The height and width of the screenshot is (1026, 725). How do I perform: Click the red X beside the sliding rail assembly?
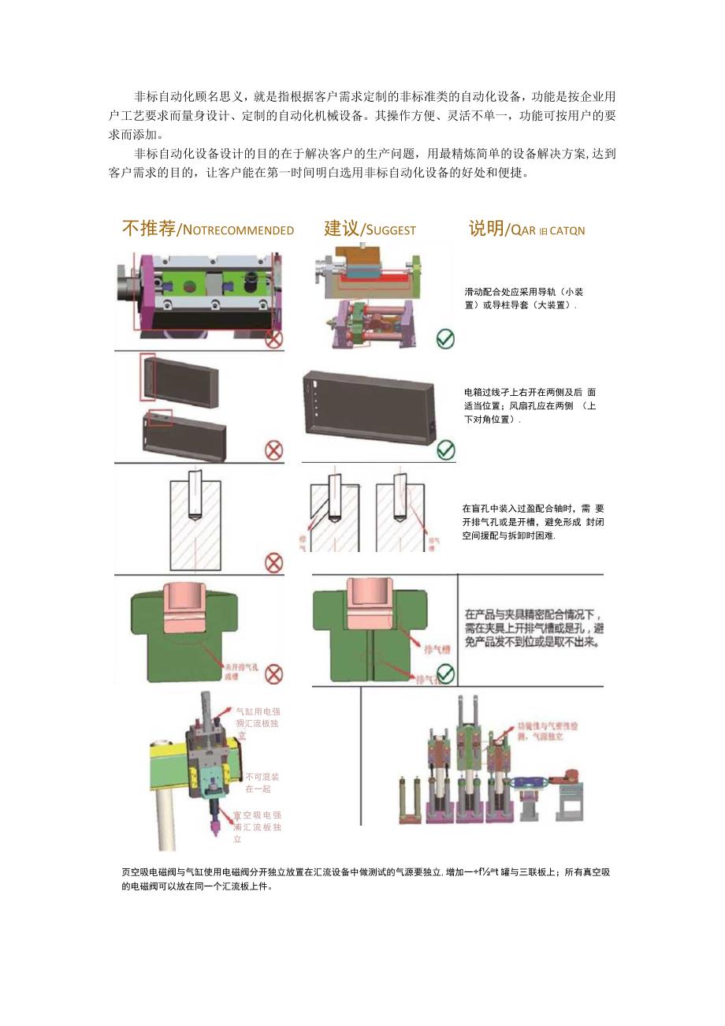[273, 339]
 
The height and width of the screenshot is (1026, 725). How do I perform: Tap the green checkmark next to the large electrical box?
[445, 450]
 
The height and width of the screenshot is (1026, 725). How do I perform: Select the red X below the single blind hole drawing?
[273, 562]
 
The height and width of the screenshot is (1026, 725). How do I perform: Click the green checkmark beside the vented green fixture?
[445, 674]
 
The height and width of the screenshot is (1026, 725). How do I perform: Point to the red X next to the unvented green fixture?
[273, 674]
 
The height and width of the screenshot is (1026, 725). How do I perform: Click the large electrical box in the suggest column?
[369, 414]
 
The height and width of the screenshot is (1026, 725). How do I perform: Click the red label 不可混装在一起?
[261, 782]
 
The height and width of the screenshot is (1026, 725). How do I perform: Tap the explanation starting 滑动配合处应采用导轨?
[523, 298]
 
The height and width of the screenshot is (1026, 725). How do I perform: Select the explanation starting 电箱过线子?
[530, 405]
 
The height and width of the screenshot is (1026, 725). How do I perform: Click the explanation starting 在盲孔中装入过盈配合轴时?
[533, 522]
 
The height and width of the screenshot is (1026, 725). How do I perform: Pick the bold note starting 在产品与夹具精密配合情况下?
[534, 629]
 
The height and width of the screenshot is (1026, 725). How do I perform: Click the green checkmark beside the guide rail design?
[445, 339]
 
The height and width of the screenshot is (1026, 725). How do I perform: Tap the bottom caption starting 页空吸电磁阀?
[366, 879]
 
